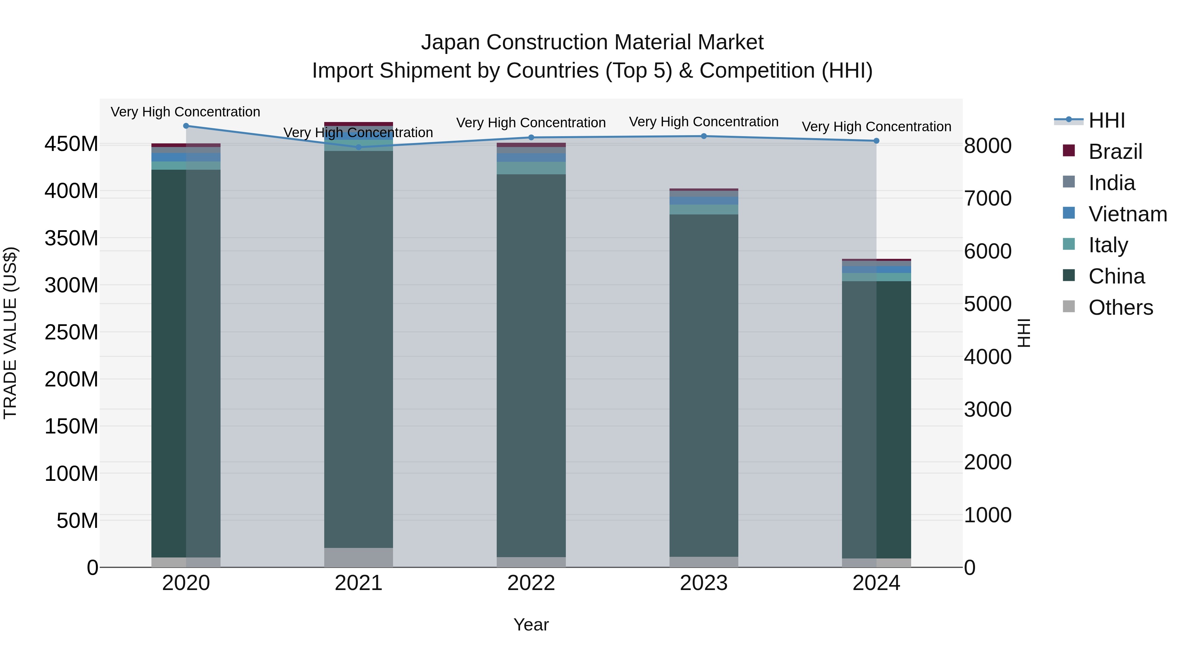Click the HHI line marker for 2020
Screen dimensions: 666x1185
[186, 126]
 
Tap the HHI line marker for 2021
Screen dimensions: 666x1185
[359, 147]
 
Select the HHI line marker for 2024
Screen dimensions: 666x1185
[876, 141]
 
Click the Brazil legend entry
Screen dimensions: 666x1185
[1115, 152]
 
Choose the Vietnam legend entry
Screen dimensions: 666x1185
[1127, 214]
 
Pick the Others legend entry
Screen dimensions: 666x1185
[1120, 308]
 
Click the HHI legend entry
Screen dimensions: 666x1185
[1106, 120]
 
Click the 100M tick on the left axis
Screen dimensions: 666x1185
[71, 473]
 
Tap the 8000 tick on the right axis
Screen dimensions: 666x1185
[987, 146]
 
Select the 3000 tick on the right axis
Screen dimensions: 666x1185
[987, 409]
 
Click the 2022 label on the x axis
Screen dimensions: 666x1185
[531, 583]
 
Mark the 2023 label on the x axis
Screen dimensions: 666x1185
[703, 583]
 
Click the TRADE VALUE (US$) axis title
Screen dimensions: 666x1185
[10, 333]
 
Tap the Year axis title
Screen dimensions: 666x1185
[531, 625]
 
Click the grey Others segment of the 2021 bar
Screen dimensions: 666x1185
[359, 557]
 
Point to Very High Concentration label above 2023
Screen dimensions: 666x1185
[703, 122]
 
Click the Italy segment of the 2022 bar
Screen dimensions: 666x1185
[531, 168]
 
